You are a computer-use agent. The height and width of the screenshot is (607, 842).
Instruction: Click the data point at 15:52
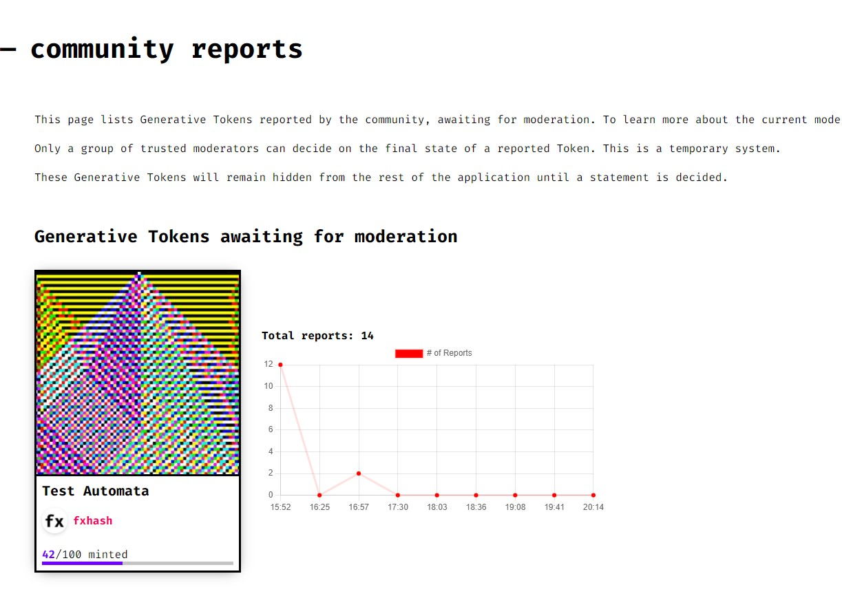280,365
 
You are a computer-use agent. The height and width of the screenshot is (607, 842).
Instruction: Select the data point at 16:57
359,473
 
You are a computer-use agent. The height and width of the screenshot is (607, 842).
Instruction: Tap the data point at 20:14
593,496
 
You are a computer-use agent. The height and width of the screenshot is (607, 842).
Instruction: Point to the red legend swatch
409,354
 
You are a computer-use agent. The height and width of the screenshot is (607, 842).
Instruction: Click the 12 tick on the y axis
269,364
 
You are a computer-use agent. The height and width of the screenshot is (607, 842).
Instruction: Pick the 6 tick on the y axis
271,429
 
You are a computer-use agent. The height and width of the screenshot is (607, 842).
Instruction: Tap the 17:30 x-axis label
398,507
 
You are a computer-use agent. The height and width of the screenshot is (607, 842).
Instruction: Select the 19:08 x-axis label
516,507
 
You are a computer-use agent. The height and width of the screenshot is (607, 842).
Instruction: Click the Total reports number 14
367,336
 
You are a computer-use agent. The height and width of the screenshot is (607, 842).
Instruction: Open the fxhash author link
93,521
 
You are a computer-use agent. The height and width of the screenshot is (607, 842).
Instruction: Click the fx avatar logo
54,521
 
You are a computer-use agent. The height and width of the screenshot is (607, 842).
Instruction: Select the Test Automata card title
96,491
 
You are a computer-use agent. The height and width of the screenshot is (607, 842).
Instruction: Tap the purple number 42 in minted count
48,555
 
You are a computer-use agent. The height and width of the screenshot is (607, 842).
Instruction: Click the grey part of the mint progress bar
178,564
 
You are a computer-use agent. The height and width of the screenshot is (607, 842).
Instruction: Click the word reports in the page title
247,50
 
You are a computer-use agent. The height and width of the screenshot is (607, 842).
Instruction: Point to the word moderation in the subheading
406,237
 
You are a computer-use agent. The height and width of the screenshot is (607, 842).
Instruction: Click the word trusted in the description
162,149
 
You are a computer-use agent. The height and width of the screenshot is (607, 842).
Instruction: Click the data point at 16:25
319,496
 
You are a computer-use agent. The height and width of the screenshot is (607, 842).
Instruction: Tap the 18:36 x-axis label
476,507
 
